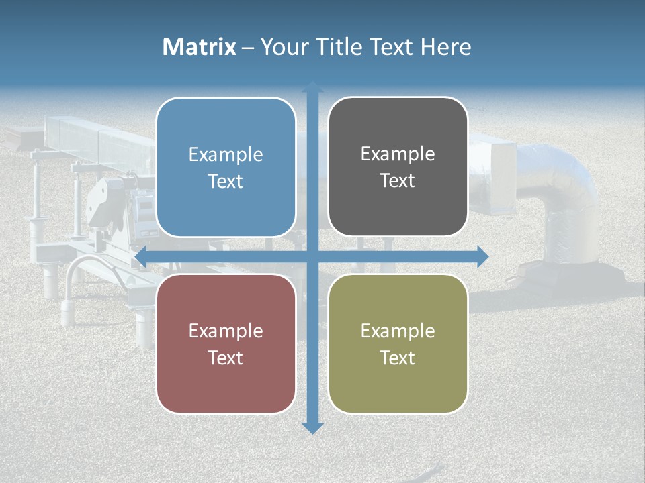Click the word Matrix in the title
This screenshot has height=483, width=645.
(x=200, y=47)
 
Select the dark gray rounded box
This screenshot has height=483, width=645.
(x=398, y=208)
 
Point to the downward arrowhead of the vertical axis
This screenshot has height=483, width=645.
(x=312, y=427)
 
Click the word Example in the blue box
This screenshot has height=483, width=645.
(x=226, y=155)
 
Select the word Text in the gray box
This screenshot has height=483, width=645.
(x=398, y=181)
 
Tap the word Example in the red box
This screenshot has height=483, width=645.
(x=226, y=331)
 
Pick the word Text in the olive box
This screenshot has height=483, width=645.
(x=398, y=358)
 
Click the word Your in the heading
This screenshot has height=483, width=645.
(x=282, y=47)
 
